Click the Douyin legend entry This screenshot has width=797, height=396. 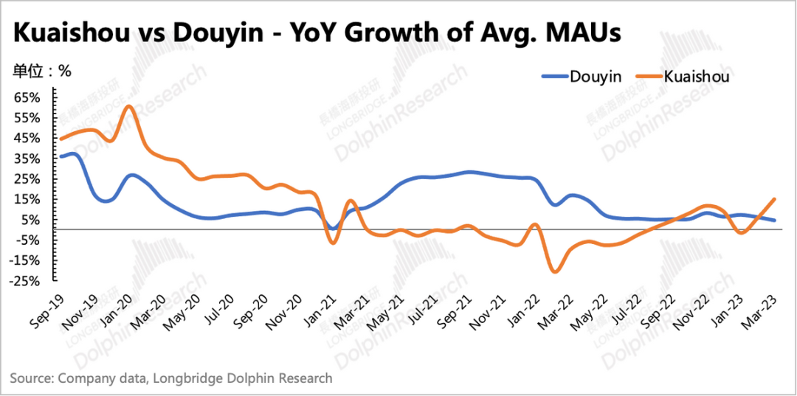coord(595,75)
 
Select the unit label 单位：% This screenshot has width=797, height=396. coord(41,72)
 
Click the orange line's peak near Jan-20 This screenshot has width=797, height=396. coord(128,106)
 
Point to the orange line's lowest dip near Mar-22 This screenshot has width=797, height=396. coord(554,272)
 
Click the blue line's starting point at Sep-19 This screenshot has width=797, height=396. coord(61,156)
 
